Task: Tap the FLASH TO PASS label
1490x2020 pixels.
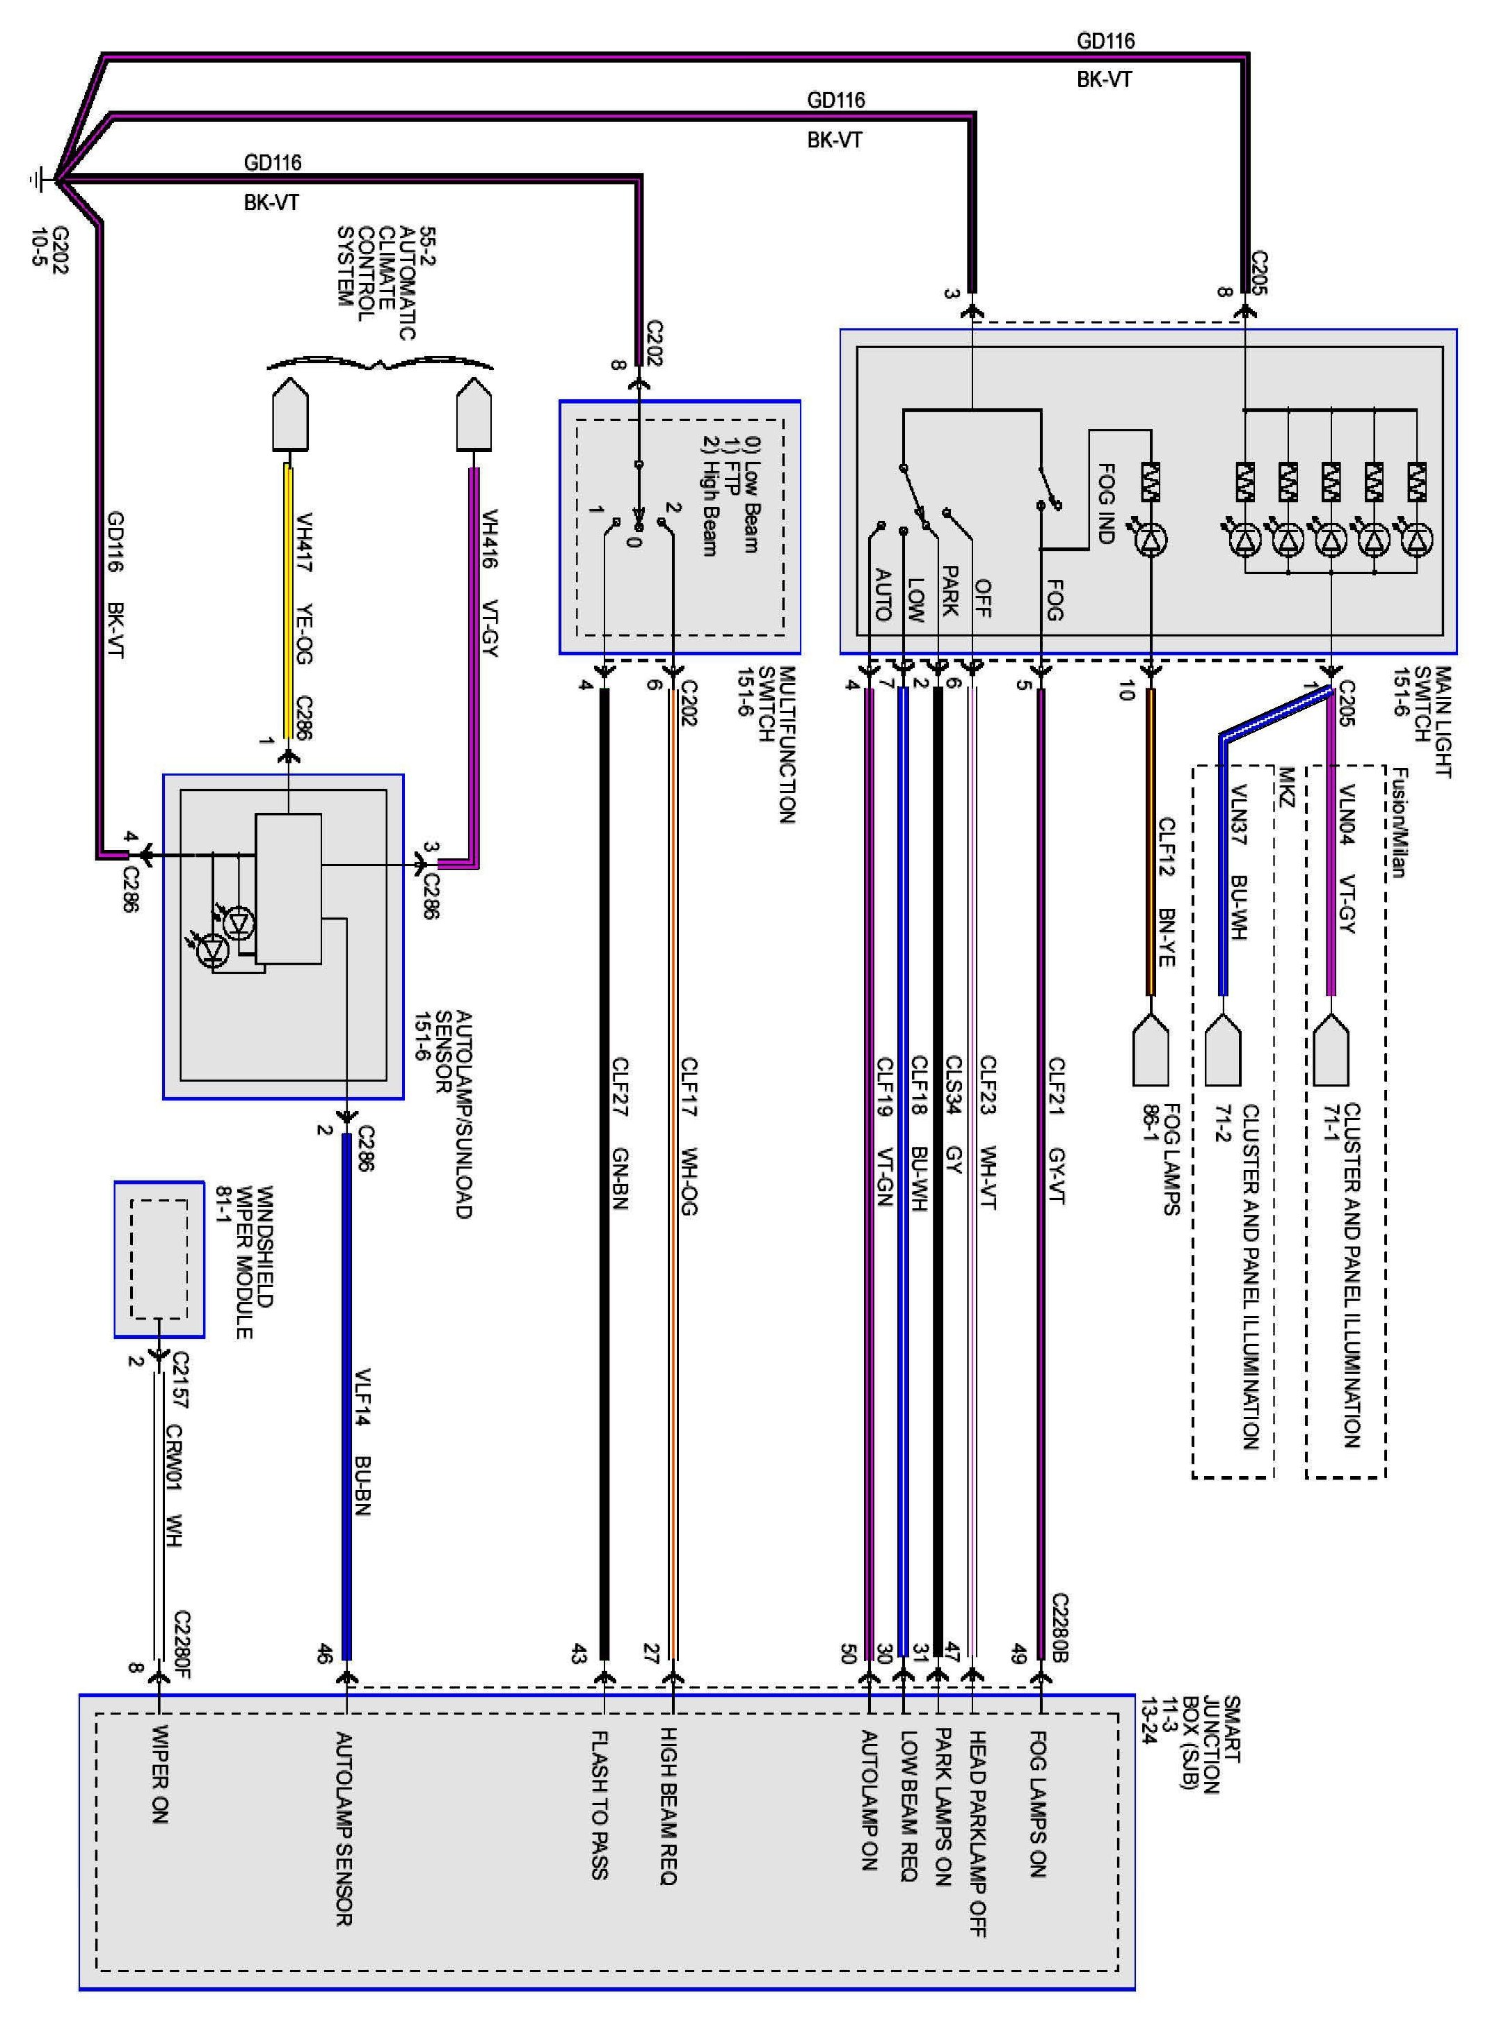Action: pyautogui.click(x=600, y=1803)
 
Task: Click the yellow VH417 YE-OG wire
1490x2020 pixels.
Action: pyautogui.click(x=289, y=600)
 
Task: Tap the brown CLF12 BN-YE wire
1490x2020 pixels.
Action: pyautogui.click(x=1151, y=842)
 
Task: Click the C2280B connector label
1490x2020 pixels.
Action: pyautogui.click(x=1061, y=1628)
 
